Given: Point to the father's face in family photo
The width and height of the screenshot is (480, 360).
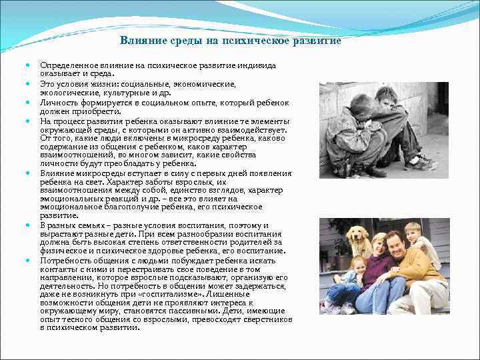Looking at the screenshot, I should pyautogui.click(x=395, y=241).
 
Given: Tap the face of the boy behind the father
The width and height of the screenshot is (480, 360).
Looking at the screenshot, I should pyautogui.click(x=413, y=233).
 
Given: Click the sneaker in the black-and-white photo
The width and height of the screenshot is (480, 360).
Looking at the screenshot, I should pyautogui.click(x=421, y=162).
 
